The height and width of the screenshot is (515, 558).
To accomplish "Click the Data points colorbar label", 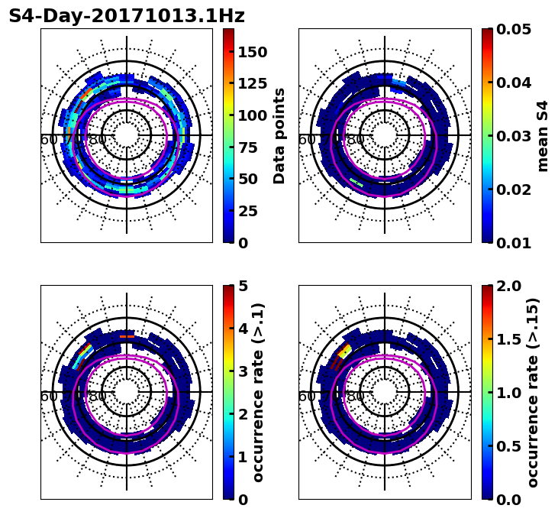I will pos(279,135).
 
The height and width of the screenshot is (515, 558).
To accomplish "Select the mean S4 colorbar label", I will pos(543,135).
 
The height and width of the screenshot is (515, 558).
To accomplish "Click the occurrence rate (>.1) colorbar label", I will pos(258,392).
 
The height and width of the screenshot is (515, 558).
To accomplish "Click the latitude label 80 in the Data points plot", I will pos(98,140).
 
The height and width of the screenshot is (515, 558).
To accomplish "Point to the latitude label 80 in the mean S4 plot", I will pos(356,140).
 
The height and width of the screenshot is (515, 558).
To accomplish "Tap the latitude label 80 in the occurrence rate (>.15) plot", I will pos(356,397).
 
